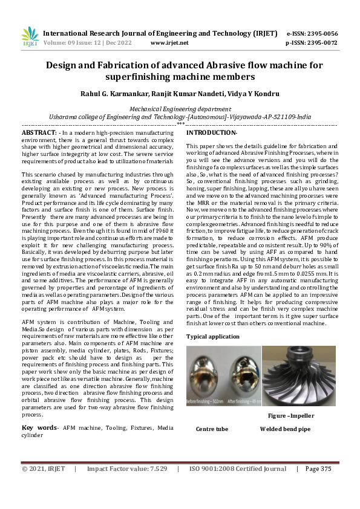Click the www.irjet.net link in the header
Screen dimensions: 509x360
[x=169, y=43]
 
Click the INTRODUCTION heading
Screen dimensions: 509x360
[x=211, y=132]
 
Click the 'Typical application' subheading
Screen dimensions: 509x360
[x=213, y=336]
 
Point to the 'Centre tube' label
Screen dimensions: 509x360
[x=212, y=429]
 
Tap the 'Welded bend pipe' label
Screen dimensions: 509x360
[x=285, y=429]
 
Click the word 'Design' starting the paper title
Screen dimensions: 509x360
[x=64, y=65]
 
